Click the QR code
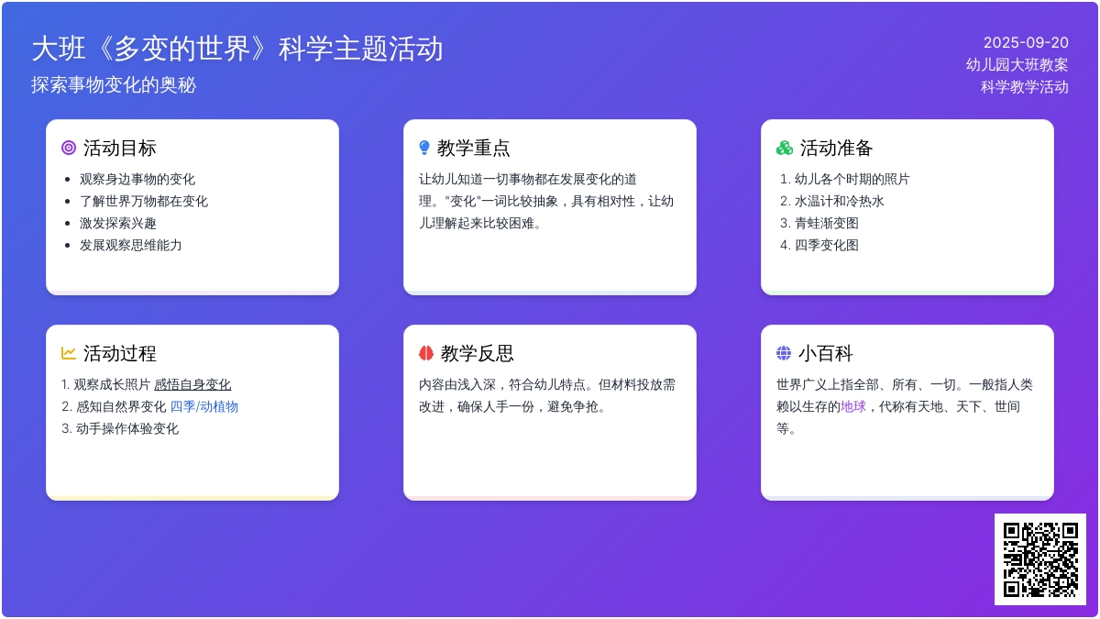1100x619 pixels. click(1040, 559)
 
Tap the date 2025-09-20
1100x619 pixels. click(1026, 43)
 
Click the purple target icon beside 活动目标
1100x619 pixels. click(69, 148)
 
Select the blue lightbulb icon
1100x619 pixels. click(424, 148)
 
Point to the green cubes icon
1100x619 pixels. click(785, 148)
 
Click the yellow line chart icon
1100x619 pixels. click(68, 353)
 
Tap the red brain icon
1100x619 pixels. click(426, 353)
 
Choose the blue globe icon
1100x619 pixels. click(784, 353)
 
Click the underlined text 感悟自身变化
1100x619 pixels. click(192, 384)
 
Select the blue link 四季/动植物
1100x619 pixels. click(203, 406)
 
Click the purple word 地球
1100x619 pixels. click(853, 406)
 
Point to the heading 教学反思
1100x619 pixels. click(477, 353)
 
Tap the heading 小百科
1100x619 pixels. click(826, 353)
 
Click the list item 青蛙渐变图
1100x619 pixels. click(827, 223)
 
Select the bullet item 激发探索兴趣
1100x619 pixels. click(118, 223)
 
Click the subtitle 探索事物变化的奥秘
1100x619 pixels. click(114, 85)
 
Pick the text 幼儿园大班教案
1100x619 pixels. click(1017, 64)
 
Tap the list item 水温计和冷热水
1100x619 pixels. click(840, 201)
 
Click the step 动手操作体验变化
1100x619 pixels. click(127, 428)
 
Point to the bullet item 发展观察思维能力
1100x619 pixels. click(130, 245)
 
